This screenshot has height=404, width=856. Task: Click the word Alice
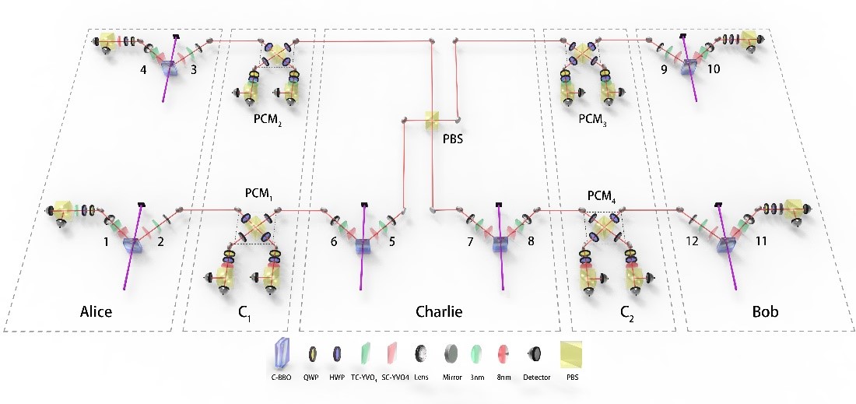(x=96, y=312)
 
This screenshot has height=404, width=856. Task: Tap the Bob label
(x=764, y=311)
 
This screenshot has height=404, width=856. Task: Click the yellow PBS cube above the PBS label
(x=433, y=120)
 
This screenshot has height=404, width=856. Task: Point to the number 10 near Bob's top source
(x=714, y=69)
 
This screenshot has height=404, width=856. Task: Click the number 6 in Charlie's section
(x=334, y=241)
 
